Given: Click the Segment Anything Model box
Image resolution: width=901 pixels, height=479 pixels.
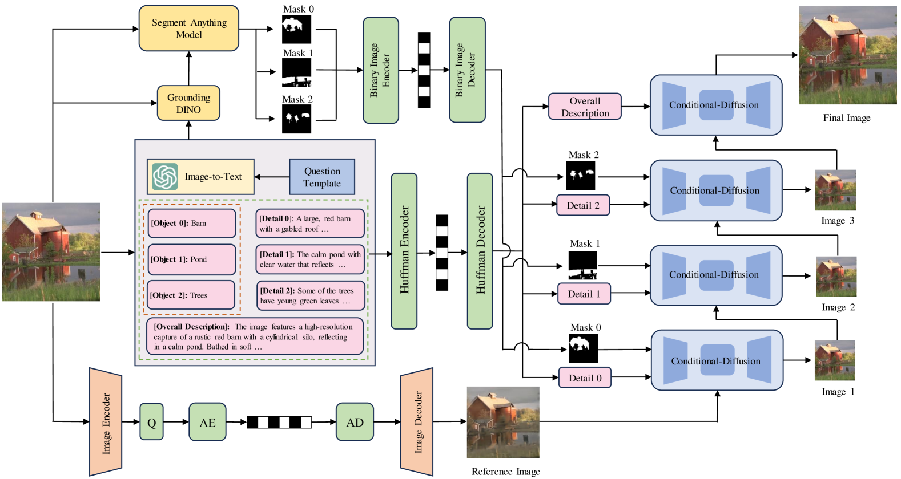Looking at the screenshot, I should click(x=188, y=29).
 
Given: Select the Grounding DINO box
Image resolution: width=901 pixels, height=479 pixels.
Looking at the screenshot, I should click(x=188, y=103).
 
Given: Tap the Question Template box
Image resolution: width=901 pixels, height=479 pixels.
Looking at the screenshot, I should click(x=322, y=177).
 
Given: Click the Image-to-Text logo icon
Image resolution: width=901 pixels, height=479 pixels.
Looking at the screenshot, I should click(x=165, y=177).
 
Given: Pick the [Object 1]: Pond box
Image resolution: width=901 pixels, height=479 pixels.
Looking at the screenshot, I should click(x=192, y=259).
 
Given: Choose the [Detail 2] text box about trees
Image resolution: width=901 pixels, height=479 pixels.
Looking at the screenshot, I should click(x=310, y=295).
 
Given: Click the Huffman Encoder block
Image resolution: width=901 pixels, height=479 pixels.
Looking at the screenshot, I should click(x=404, y=251).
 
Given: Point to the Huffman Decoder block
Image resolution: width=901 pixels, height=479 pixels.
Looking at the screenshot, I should click(x=480, y=251).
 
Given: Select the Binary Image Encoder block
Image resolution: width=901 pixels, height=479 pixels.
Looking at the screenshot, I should click(x=380, y=70).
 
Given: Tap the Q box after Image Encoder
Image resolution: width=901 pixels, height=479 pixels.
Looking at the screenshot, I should click(x=151, y=422).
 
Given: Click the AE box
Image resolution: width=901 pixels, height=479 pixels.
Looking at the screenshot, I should click(x=207, y=422).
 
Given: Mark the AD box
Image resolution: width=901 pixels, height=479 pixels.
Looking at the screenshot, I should click(x=355, y=422).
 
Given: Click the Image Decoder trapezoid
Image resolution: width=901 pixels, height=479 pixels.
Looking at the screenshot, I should click(x=417, y=422).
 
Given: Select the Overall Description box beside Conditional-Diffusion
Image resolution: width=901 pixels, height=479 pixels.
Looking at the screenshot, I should click(x=585, y=107).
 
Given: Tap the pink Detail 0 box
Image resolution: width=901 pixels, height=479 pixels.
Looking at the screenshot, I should click(x=585, y=378).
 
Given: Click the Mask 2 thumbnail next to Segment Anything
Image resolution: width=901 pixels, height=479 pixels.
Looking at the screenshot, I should click(x=297, y=119).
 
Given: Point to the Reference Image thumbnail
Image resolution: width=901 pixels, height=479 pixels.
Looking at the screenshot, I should click(x=503, y=423).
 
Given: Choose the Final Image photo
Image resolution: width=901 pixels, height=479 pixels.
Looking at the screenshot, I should click(x=847, y=55).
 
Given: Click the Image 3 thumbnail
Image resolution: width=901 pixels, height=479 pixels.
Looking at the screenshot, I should click(x=835, y=190).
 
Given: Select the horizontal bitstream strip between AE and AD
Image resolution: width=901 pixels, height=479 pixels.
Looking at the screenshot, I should click(x=279, y=423).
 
